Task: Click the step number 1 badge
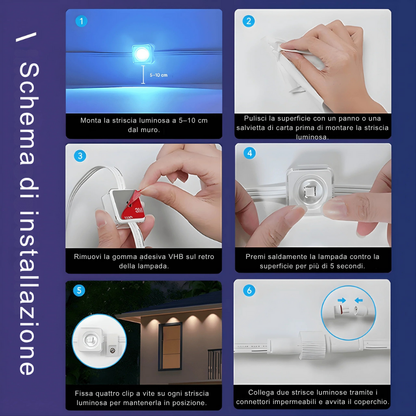pos(81,21)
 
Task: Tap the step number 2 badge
pos(248,21)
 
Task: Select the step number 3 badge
pos(80,156)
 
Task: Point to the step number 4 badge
pos(249,153)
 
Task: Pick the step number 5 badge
pos(79,290)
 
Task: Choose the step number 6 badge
pos(249,290)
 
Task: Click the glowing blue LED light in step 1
pos(142,54)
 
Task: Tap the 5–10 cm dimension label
pos(159,75)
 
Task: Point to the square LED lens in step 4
pos(310,191)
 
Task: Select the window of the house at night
pos(171,347)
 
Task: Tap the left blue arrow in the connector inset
pos(341,301)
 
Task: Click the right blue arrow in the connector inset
pos(359,301)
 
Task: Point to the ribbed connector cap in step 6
pos(312,345)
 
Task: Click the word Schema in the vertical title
pos(28,114)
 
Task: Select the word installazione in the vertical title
pos(28,293)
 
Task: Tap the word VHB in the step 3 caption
pos(177,257)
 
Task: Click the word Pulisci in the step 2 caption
pos(255,119)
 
